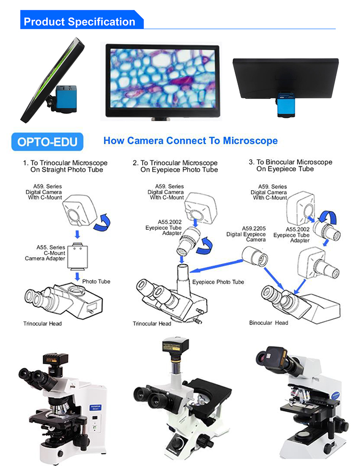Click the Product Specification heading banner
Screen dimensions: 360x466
pyautogui.click(x=82, y=20)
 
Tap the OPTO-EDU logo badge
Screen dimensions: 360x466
pyautogui.click(x=47, y=142)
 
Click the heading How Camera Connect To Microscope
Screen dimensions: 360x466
pyautogui.click(x=190, y=141)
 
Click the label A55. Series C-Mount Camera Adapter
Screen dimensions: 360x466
pyautogui.click(x=45, y=253)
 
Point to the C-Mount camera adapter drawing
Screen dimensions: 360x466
pyautogui.click(x=77, y=256)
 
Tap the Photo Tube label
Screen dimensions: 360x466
pyautogui.click(x=96, y=282)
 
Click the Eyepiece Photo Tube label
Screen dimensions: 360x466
pyautogui.click(x=218, y=282)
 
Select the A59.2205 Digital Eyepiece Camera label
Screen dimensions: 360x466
pyautogui.click(x=246, y=234)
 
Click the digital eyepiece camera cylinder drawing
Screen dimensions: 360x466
pyautogui.click(x=255, y=257)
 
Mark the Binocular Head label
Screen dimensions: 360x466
pyautogui.click(x=269, y=323)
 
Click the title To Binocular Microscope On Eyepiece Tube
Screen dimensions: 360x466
pyautogui.click(x=290, y=166)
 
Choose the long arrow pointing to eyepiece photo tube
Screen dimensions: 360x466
pyautogui.click(x=216, y=266)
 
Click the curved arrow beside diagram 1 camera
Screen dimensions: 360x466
pyautogui.click(x=102, y=223)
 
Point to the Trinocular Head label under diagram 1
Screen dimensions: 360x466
pyautogui.click(x=42, y=324)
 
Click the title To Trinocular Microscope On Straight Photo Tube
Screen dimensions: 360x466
pyautogui.click(x=65, y=166)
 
